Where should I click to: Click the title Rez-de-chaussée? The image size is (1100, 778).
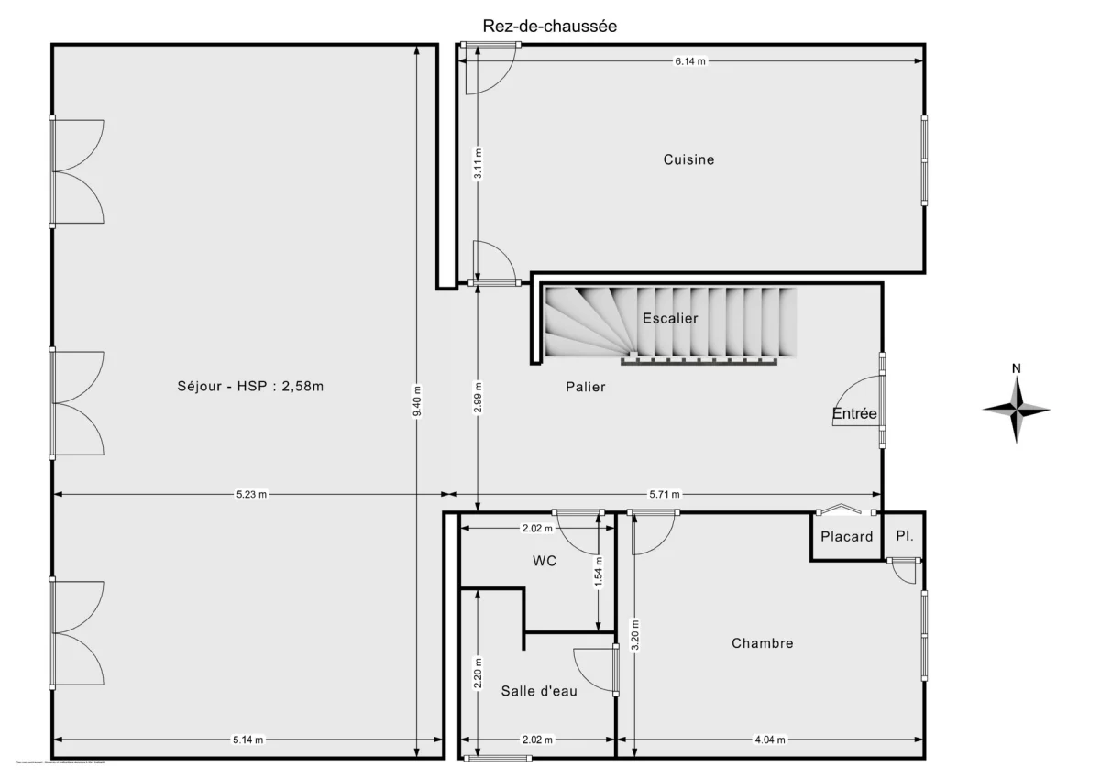[550, 27]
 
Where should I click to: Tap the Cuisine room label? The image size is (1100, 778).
[688, 159]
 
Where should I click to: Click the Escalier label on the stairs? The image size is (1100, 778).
[670, 319]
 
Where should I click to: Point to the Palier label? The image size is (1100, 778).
[585, 387]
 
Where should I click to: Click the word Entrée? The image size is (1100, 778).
[854, 414]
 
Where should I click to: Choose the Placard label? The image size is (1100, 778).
[846, 537]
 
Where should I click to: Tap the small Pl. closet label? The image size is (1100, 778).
[905, 536]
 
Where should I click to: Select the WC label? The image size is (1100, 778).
[544, 560]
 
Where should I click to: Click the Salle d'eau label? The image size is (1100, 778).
[539, 691]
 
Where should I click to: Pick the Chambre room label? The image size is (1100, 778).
[762, 643]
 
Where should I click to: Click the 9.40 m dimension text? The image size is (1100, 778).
[418, 400]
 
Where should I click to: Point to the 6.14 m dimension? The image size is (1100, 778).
[690, 61]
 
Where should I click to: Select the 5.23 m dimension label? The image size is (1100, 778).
[249, 495]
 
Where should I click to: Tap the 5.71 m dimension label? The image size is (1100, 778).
[664, 495]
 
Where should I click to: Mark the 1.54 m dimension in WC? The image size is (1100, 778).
[599, 572]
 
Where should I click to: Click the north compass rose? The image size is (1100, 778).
[1017, 408]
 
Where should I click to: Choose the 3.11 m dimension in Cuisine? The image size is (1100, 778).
[477, 165]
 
